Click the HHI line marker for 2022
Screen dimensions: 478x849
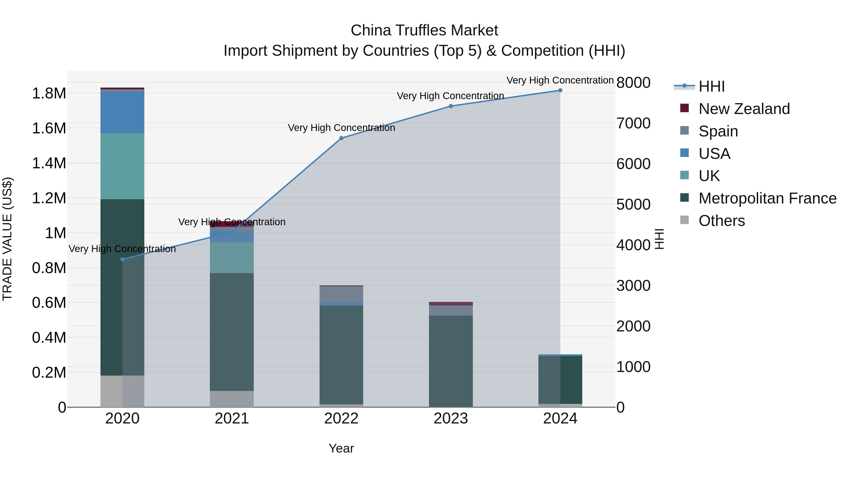341,138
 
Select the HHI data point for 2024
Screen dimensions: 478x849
560,90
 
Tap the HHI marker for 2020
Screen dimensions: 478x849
122,259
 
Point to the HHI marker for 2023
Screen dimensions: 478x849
450,106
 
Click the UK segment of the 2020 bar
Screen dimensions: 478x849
122,166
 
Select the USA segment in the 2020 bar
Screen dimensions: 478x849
122,113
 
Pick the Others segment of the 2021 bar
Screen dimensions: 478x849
232,399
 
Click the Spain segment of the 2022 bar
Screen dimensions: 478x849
341,295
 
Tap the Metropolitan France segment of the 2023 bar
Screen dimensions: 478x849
450,361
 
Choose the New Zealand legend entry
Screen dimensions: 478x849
744,109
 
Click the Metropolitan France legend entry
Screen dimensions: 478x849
767,198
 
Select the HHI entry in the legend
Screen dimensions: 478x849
711,86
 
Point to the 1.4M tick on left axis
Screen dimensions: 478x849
49,163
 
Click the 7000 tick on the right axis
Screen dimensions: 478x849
633,123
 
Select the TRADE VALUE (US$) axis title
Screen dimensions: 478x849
7,239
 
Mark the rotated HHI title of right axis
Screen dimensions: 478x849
659,239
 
